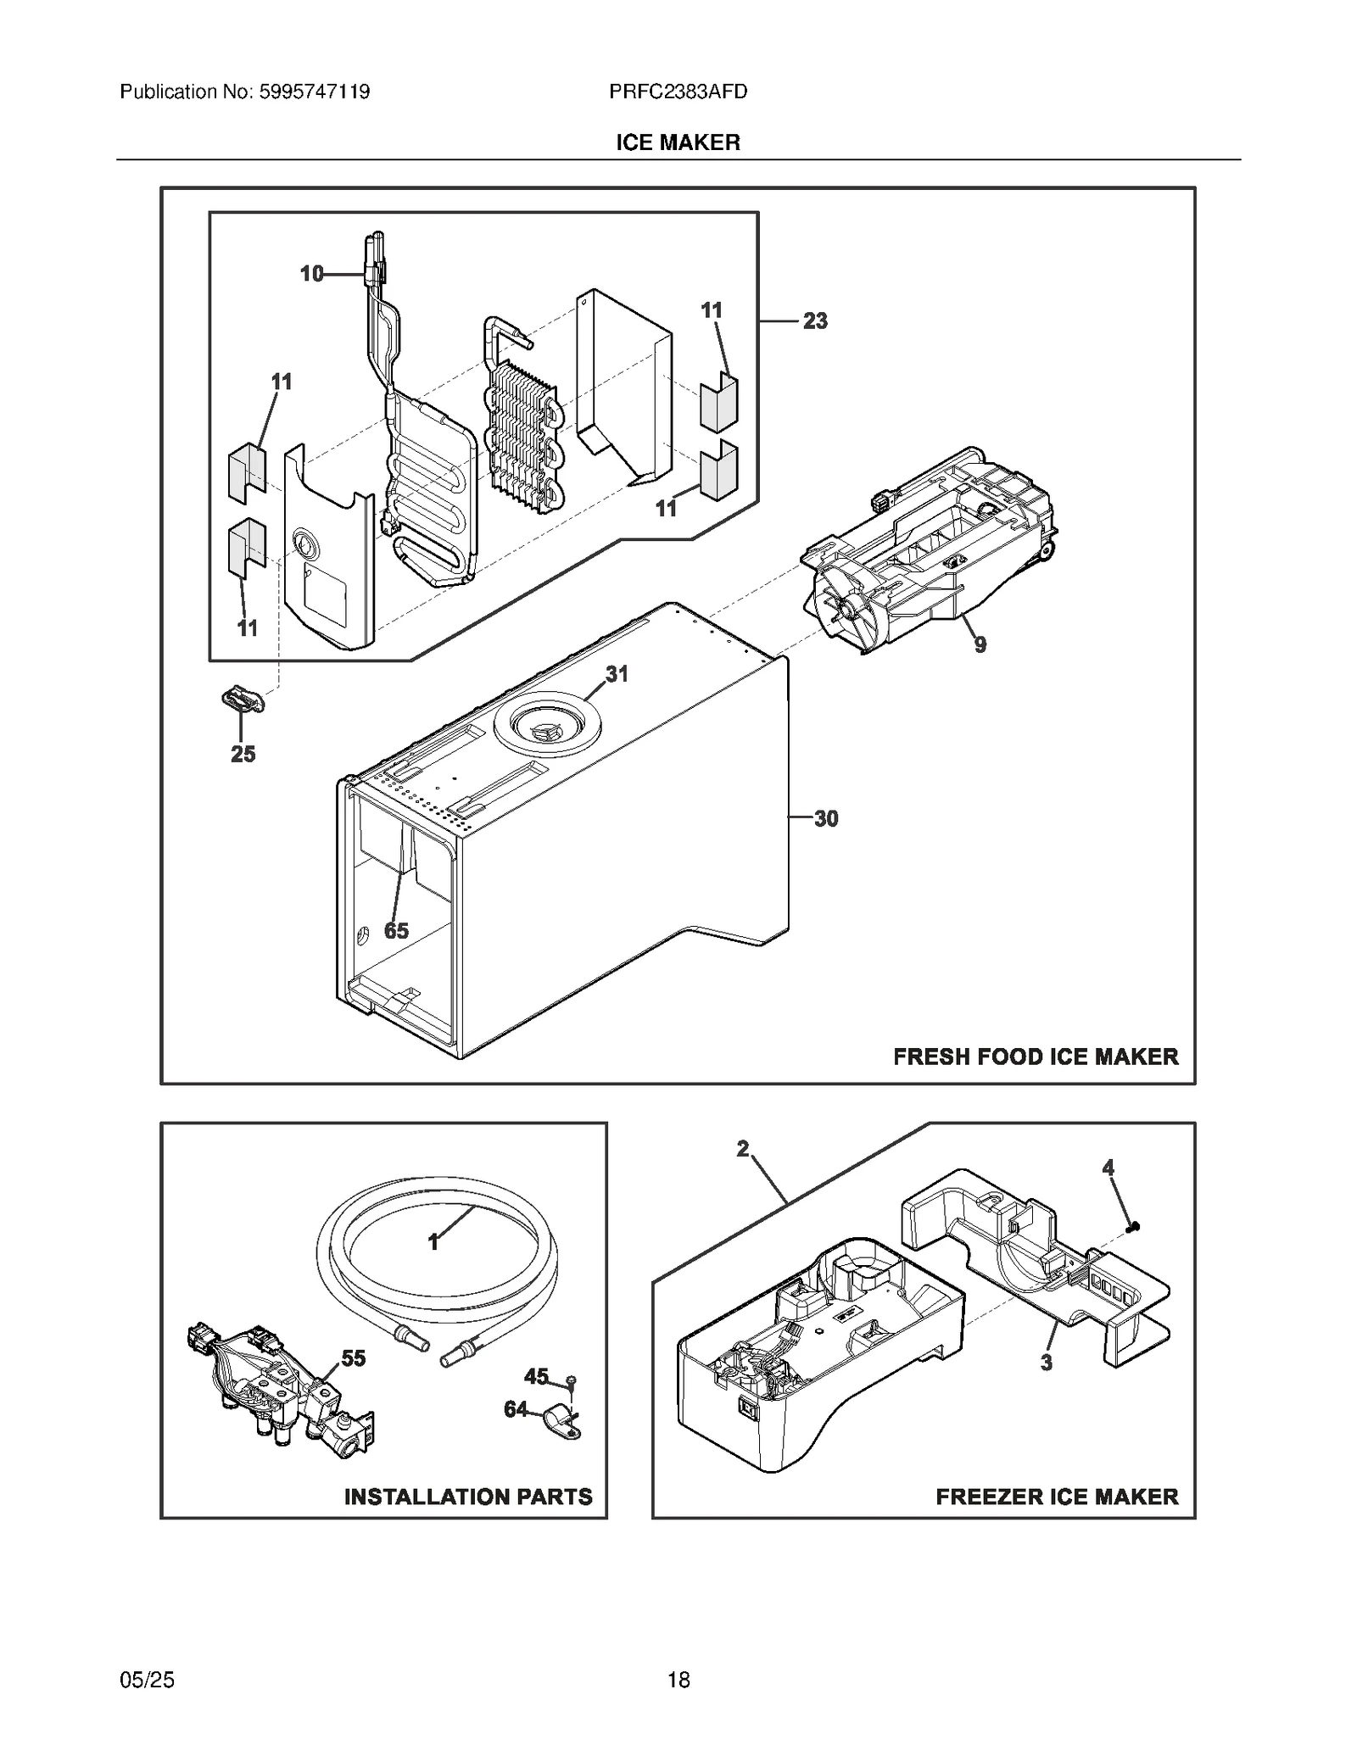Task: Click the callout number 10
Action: tap(311, 274)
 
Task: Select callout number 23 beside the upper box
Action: tap(814, 321)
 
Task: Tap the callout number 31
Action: tap(617, 674)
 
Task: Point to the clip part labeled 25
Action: tap(243, 700)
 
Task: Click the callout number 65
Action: tap(396, 931)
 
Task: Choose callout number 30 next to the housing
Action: tap(825, 819)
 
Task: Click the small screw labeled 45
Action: tap(572, 1381)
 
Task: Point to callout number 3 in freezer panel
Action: tap(1046, 1363)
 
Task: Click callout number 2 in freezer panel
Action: tap(742, 1149)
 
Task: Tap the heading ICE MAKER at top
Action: tap(678, 142)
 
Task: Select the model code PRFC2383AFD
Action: tap(678, 92)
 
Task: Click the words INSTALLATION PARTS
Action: tap(468, 1497)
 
